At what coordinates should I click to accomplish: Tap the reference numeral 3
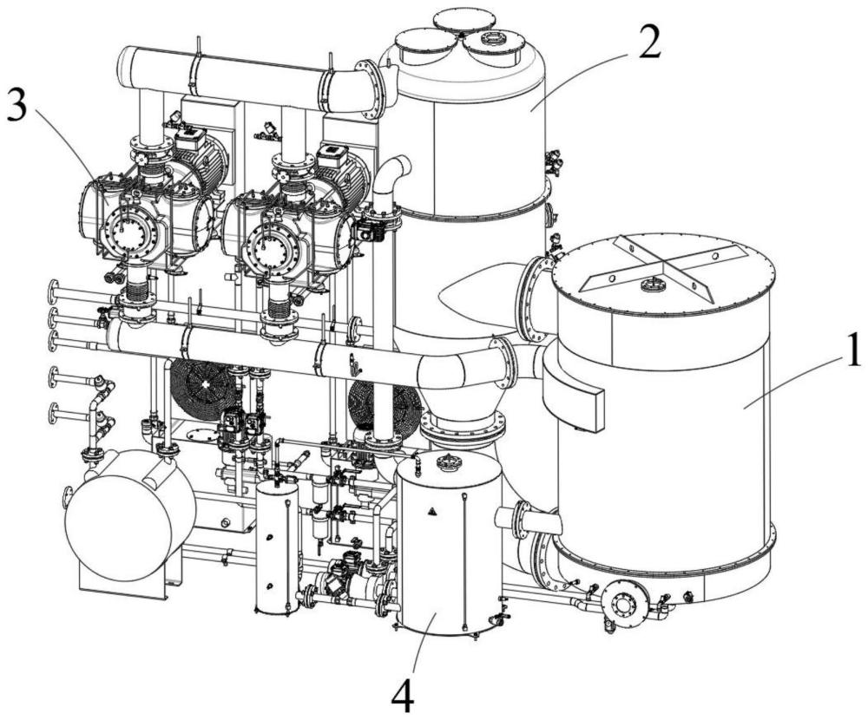pyautogui.click(x=16, y=108)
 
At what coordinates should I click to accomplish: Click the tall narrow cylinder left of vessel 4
pyautogui.click(x=278, y=547)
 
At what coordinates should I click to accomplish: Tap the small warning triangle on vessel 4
pyautogui.click(x=431, y=511)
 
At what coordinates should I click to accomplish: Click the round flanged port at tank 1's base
pyautogui.click(x=625, y=603)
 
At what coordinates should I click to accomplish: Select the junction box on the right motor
pyautogui.click(x=332, y=154)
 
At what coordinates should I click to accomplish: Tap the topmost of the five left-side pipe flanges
pyautogui.click(x=54, y=291)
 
